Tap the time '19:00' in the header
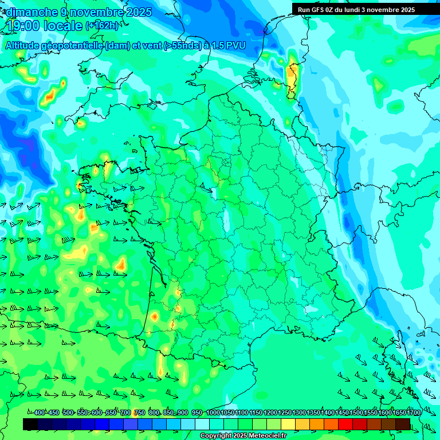click(25, 26)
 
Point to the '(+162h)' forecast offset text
click(103, 26)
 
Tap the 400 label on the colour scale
click(40, 412)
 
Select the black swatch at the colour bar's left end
click(30, 424)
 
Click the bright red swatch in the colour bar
click(345, 424)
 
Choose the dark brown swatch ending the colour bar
click(403, 424)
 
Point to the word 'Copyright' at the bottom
click(215, 436)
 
